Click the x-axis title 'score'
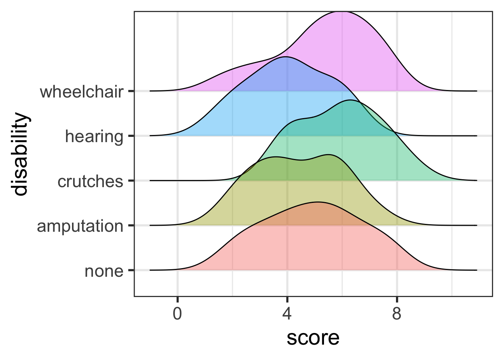point(313,338)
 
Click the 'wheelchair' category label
point(81,92)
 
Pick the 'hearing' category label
point(94,136)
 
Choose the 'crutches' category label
point(90,181)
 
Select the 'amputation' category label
point(80,226)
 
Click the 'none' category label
point(104,271)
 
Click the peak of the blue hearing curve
point(286,57)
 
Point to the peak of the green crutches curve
point(350,100)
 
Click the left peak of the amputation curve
point(276,157)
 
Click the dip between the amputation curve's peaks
point(302,160)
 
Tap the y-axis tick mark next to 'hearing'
point(131,136)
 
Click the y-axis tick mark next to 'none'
point(131,270)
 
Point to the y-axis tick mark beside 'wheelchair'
point(131,91)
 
